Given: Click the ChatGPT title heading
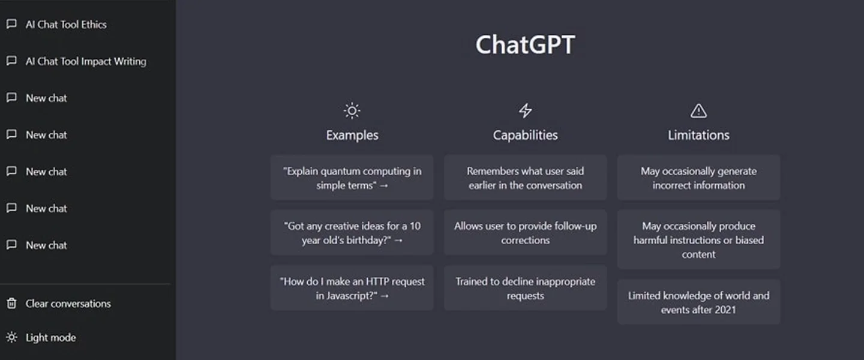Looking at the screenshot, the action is pos(525,45).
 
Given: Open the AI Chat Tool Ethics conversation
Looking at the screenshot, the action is pos(66,25).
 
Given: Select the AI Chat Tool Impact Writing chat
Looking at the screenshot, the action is pos(86,61).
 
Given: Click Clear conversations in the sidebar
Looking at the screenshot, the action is pos(68,304).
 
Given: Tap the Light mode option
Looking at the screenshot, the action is pos(51,338).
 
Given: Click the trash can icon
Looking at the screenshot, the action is pos(11,303).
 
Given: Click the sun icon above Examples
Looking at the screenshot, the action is pos(352,111).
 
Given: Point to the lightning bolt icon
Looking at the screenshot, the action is pos(526,110).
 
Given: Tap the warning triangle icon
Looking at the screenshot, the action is pos(698,111).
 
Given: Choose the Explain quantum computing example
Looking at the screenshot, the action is pos(352,178).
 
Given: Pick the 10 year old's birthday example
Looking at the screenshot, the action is pos(352,233).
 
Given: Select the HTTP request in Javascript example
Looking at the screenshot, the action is pos(352,288).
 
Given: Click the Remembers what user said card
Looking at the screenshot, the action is pos(526,178).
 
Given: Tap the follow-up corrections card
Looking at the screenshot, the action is pos(526,233).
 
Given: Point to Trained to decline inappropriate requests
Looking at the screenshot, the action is pos(526,288).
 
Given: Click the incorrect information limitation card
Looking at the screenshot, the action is pos(698,178).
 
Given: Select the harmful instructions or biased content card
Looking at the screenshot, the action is pos(698,239).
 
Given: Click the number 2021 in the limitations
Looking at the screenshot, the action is pos(725,310).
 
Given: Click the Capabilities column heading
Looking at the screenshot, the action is pos(526,135).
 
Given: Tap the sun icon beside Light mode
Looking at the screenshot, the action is pos(11,337).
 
